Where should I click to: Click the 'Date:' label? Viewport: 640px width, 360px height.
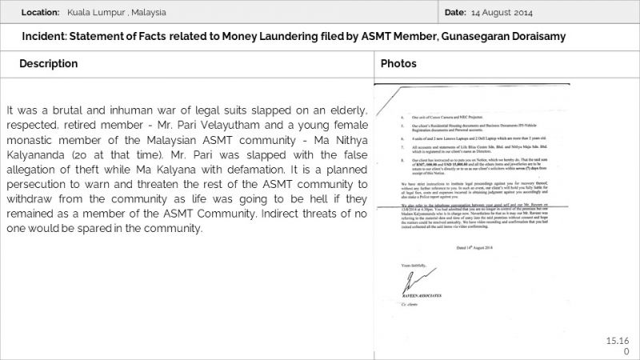point(454,13)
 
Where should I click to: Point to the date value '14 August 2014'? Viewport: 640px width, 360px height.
point(502,13)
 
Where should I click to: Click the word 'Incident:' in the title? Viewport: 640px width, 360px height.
point(46,38)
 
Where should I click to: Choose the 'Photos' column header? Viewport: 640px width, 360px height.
point(398,63)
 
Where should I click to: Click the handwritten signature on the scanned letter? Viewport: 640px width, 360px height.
point(410,281)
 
